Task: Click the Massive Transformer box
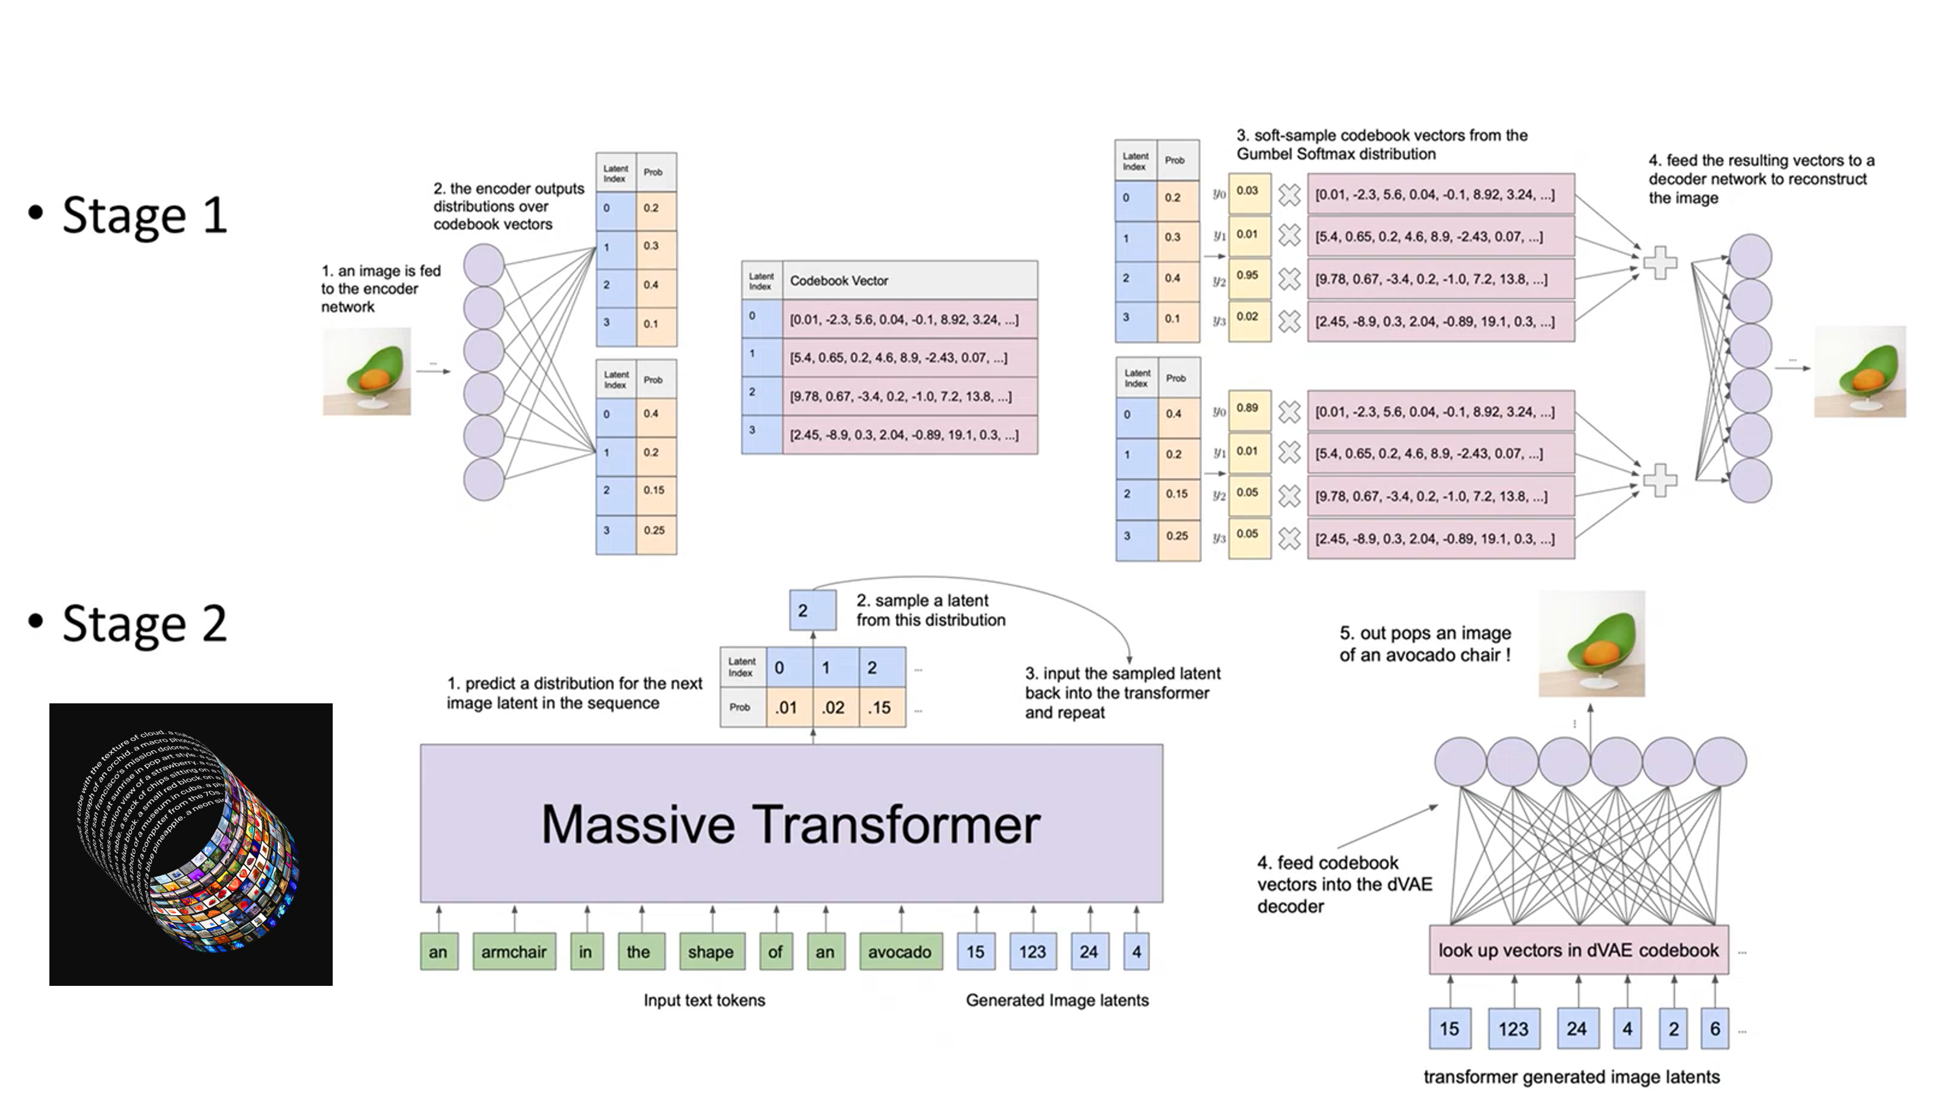(x=791, y=823)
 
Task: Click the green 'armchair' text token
(x=514, y=952)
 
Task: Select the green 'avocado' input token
(x=901, y=952)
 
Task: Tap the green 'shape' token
(x=711, y=952)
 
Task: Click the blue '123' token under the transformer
(x=1033, y=952)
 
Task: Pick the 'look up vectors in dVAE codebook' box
(x=1578, y=949)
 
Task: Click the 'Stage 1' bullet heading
(x=144, y=215)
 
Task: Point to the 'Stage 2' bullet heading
(x=144, y=623)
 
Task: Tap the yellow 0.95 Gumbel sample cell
(x=1249, y=277)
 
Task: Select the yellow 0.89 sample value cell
(x=1249, y=408)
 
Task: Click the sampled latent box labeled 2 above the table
(x=812, y=610)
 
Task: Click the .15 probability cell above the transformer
(x=880, y=708)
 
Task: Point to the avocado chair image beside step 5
(x=1591, y=644)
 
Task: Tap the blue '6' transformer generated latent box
(x=1714, y=1029)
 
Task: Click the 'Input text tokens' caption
(x=704, y=1000)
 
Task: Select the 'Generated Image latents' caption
(x=1057, y=1000)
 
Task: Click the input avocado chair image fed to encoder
(x=367, y=371)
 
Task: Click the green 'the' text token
(x=638, y=952)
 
